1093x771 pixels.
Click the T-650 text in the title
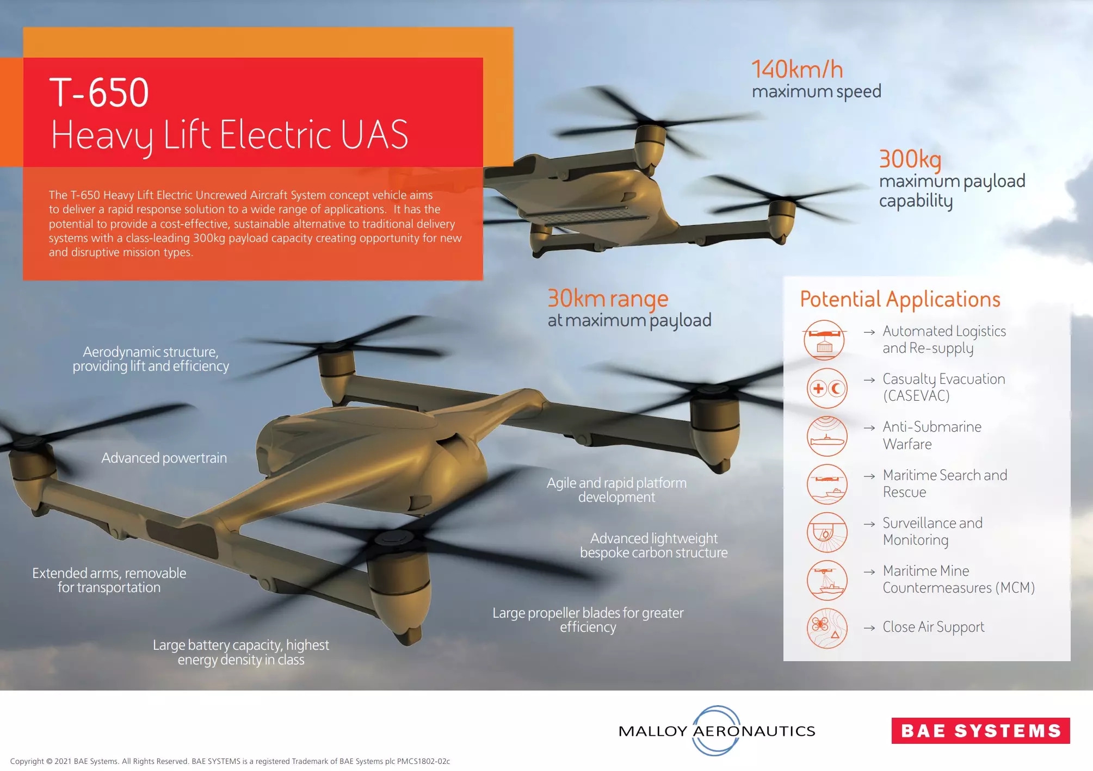pyautogui.click(x=99, y=92)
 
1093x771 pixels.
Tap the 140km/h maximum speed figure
pyautogui.click(x=797, y=70)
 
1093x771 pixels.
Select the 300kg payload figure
pyautogui.click(x=910, y=159)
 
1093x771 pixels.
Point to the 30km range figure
pyautogui.click(x=608, y=299)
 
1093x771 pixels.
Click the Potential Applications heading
pyautogui.click(x=900, y=300)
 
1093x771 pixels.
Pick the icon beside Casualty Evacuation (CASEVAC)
pyautogui.click(x=827, y=388)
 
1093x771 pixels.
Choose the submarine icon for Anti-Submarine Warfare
pyautogui.click(x=827, y=436)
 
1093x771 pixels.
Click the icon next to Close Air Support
pyautogui.click(x=827, y=628)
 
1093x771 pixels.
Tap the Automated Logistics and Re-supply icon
pyautogui.click(x=825, y=340)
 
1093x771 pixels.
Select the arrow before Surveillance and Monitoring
pyautogui.click(x=869, y=524)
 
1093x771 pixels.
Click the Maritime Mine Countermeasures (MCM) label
pyautogui.click(x=959, y=580)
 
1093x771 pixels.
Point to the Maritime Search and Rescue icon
pyautogui.click(x=827, y=484)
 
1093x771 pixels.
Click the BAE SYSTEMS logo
pyautogui.click(x=980, y=731)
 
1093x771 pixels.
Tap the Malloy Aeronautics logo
pyautogui.click(x=717, y=731)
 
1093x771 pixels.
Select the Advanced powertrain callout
pyautogui.click(x=164, y=458)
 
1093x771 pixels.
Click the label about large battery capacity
pyautogui.click(x=241, y=652)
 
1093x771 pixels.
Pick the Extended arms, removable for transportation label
pyautogui.click(x=109, y=580)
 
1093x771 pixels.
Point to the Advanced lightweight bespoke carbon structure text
pyautogui.click(x=653, y=545)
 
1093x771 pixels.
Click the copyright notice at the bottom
pyautogui.click(x=230, y=761)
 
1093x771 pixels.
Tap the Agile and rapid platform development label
pyautogui.click(x=616, y=490)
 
